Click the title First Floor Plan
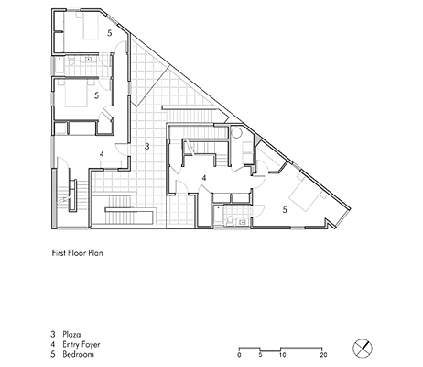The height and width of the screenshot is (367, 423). point(78,253)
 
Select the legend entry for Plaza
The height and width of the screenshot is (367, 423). point(66,334)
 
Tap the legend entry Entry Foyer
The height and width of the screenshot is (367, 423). point(75,345)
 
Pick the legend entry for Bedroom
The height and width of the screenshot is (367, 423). point(72,355)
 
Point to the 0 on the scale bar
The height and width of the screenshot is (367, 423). point(239,355)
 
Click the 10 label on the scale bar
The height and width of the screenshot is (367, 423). point(283,355)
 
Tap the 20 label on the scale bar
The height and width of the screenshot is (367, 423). point(323,355)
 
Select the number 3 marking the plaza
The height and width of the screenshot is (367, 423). point(146,147)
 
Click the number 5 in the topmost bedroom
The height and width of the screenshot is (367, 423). point(110,33)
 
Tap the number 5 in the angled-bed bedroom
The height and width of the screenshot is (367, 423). point(285,210)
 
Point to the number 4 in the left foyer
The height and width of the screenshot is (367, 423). point(102,154)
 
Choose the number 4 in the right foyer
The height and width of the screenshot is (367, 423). point(204,178)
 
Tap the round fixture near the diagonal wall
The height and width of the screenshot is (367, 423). point(236,132)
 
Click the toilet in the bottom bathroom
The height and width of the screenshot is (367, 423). point(230,220)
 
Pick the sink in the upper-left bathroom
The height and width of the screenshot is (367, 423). point(89,59)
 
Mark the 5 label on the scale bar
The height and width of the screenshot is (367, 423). point(260,355)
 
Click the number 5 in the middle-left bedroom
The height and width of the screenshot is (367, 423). point(96,95)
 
